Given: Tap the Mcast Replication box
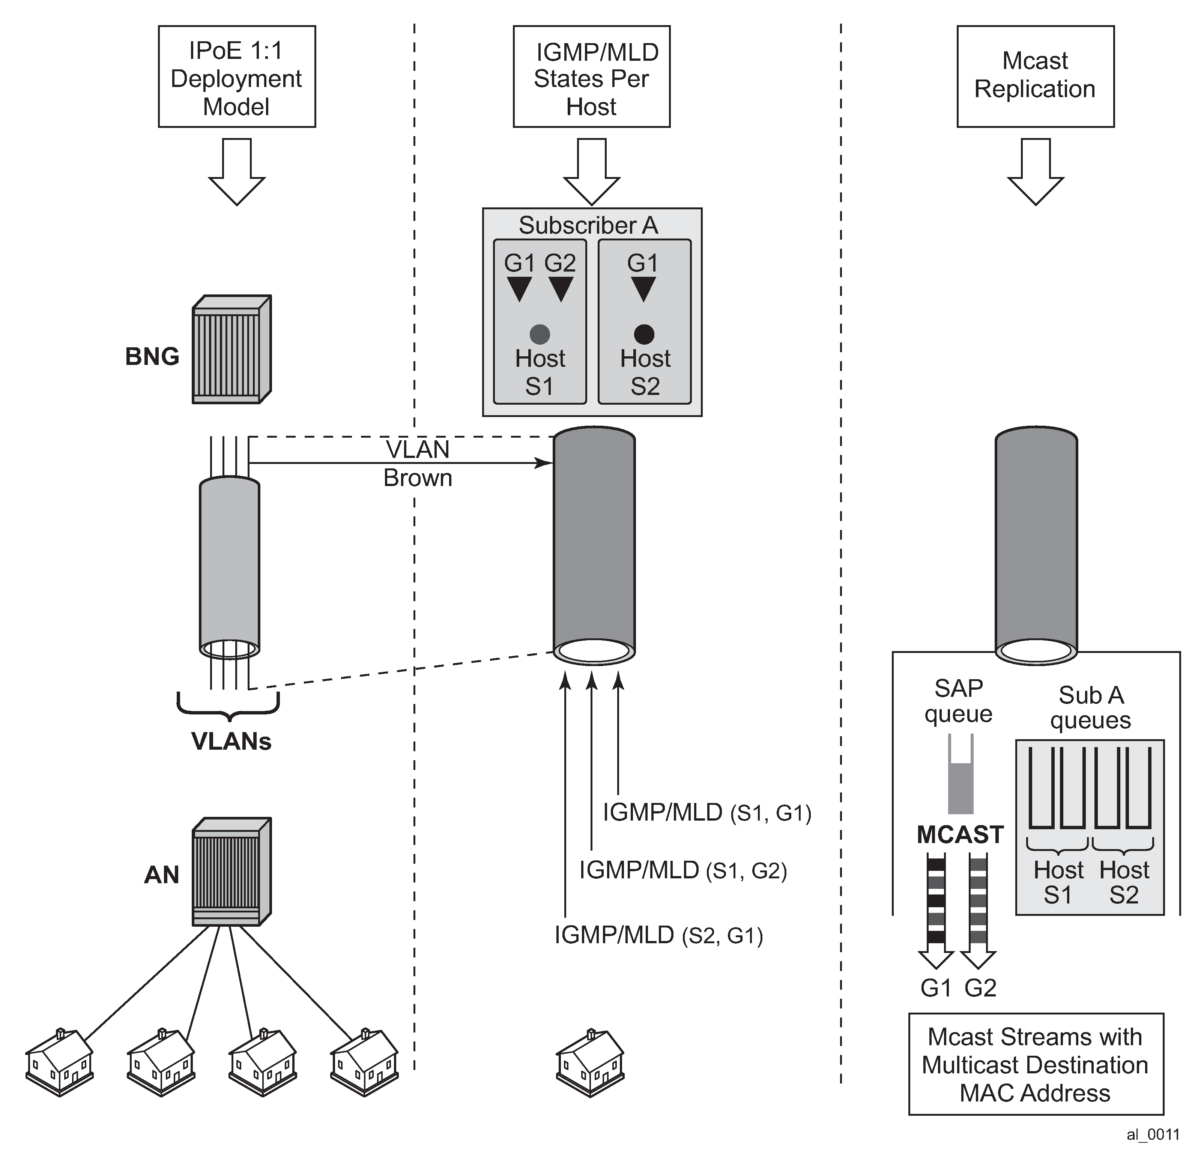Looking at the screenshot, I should (x=1035, y=77).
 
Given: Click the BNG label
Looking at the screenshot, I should (x=152, y=356).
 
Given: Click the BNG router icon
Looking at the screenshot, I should (x=231, y=349).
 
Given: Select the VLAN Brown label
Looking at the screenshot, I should (x=418, y=464).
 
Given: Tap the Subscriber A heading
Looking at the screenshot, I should (x=588, y=225).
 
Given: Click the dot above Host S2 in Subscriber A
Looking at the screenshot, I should (x=644, y=334).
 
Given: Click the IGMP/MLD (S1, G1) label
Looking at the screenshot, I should (x=706, y=812).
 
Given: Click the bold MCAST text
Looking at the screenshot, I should (x=960, y=835).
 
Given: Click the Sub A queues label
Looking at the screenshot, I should (x=1090, y=708).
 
